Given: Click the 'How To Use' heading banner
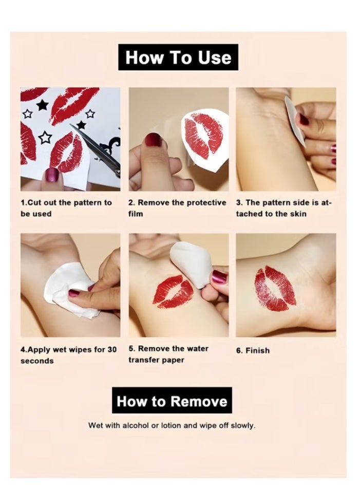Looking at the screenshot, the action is [x=178, y=58].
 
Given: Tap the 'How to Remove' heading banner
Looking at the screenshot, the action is [x=172, y=400].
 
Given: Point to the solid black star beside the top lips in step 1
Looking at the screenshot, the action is [x=42, y=105].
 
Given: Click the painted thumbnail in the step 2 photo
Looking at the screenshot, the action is [x=154, y=140].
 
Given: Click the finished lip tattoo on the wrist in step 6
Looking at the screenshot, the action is [x=275, y=288].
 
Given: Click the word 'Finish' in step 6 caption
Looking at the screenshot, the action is [x=257, y=350].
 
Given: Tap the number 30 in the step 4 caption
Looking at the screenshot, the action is [x=112, y=349].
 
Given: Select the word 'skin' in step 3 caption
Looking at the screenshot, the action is [x=299, y=214].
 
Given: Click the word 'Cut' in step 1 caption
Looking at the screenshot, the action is [x=34, y=202].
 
